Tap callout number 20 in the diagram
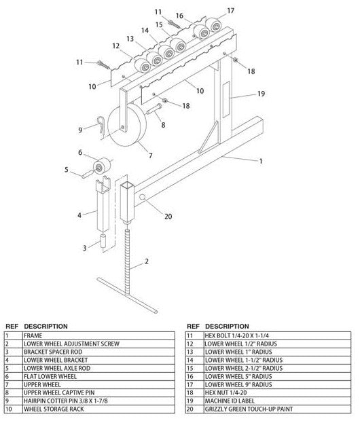[168, 217]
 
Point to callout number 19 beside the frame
[261, 94]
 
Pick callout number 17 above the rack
[230, 10]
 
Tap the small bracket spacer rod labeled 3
[103, 240]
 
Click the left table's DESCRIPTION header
[46, 326]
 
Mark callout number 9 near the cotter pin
[79, 129]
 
